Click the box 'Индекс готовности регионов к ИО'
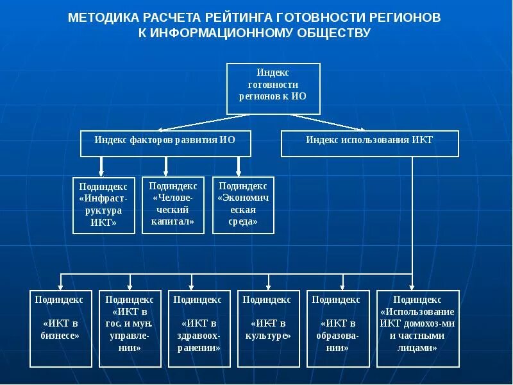(x=273, y=89)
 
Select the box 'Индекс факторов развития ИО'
(x=165, y=143)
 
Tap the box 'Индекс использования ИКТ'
(x=370, y=143)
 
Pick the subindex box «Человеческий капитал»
(x=173, y=205)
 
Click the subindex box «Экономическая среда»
(x=243, y=205)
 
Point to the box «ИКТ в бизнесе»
(x=62, y=328)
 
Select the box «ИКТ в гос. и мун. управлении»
(x=130, y=328)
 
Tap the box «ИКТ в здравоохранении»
(x=200, y=328)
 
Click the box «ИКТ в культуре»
(x=270, y=328)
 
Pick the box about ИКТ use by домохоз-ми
(x=417, y=328)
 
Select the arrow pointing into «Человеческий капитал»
(x=166, y=166)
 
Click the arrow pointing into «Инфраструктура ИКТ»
(x=101, y=166)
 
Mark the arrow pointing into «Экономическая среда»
(x=239, y=166)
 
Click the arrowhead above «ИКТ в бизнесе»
(x=62, y=286)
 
